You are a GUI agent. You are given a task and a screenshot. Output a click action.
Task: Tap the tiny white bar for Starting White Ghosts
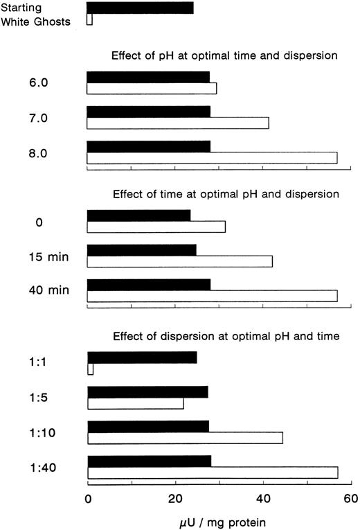89,20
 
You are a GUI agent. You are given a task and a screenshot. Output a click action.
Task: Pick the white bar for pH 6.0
152,88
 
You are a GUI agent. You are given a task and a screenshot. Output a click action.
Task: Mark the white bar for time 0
156,227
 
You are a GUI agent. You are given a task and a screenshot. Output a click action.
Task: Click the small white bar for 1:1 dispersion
90,369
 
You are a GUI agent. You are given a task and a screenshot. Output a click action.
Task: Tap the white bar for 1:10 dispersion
185,438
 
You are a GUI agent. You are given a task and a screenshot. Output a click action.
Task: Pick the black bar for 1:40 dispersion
150,461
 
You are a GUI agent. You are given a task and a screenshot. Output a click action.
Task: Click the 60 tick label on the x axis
350,497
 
